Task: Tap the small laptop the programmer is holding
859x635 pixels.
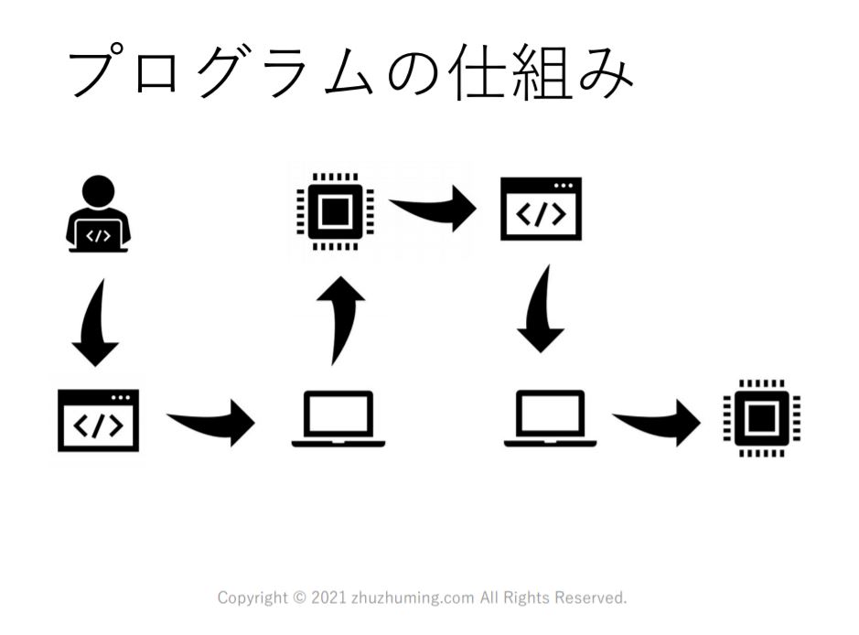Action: point(98,234)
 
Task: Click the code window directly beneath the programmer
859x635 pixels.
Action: point(98,420)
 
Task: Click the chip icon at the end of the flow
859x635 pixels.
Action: point(761,418)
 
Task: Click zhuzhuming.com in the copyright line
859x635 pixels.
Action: point(413,598)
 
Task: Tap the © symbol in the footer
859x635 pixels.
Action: point(299,598)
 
